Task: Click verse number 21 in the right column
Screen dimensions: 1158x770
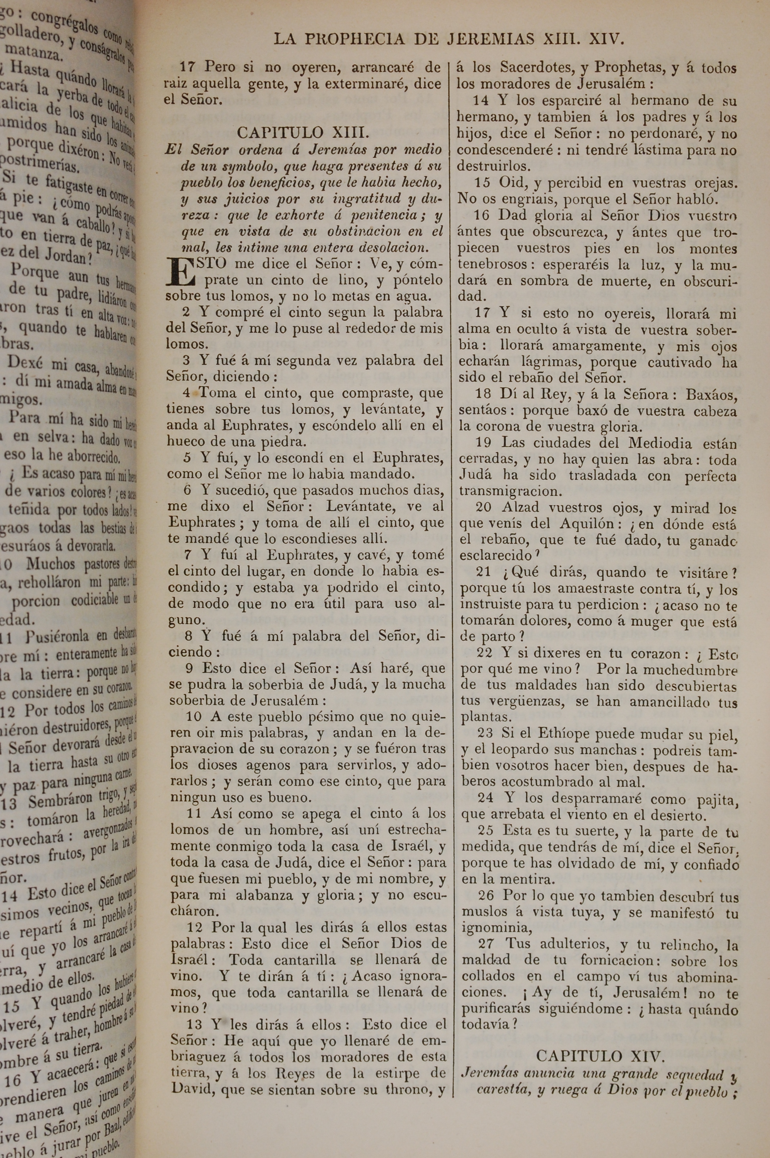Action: (484, 572)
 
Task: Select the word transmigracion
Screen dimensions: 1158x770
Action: (509, 491)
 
